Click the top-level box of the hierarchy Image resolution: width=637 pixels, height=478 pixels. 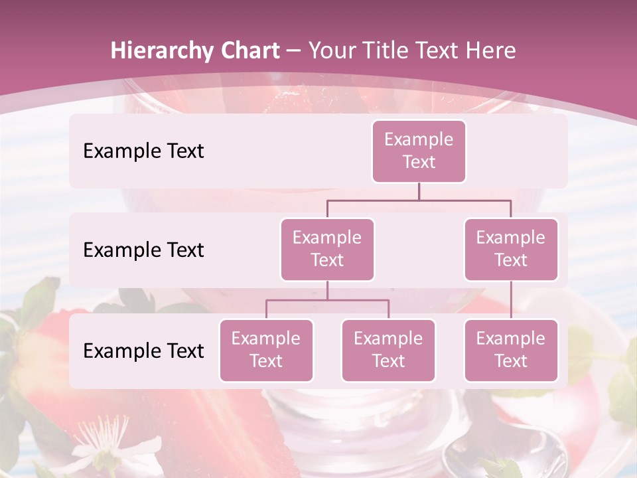coord(419,151)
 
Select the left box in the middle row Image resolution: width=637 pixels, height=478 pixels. coord(327,249)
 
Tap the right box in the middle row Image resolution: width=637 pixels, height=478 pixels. coord(511,249)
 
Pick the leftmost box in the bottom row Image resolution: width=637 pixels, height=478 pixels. coord(266,350)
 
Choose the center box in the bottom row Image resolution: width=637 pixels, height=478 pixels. coord(388,350)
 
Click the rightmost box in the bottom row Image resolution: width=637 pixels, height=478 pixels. coord(511,350)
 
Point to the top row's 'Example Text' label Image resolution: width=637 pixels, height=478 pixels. coord(143,151)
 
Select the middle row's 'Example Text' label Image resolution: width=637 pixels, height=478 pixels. coord(143,250)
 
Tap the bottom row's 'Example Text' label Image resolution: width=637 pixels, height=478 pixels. coord(143,351)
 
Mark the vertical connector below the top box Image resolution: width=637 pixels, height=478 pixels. coord(419,191)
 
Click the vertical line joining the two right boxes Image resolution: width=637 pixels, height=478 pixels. coord(511,299)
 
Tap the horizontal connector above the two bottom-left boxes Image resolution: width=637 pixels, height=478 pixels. coord(327,300)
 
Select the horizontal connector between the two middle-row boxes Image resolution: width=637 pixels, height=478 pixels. coord(419,200)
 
